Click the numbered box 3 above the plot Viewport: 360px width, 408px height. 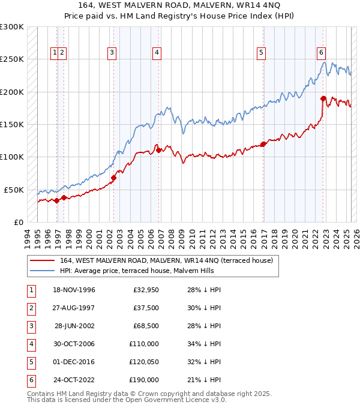tap(112, 53)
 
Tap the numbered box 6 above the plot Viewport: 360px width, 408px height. tap(322, 53)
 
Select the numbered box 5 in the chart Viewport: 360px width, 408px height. tap(262, 53)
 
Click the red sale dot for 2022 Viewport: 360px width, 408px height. tap(323, 98)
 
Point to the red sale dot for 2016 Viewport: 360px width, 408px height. tap(263, 144)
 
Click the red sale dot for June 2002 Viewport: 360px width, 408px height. tap(114, 178)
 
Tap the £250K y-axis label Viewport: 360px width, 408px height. tap(12, 59)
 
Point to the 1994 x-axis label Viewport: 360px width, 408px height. tap(28, 237)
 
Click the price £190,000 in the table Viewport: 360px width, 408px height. tap(144, 380)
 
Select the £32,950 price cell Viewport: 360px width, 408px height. tap(146, 290)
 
